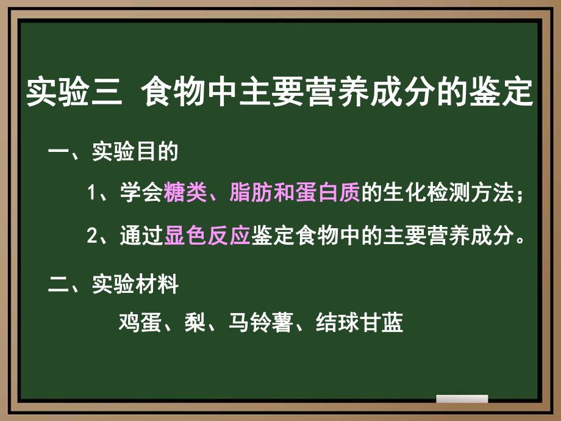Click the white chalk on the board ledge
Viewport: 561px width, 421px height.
[x=462, y=399]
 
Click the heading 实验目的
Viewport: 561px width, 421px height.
[x=135, y=152]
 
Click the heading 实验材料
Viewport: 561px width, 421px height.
[x=135, y=284]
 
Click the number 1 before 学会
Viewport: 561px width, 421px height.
[x=92, y=195]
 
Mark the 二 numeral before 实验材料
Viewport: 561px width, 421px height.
[x=59, y=285]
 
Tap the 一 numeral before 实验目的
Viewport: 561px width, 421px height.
[x=59, y=153]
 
